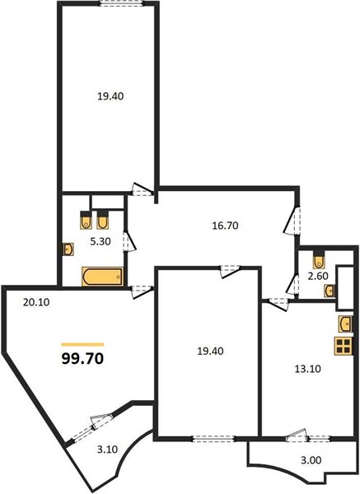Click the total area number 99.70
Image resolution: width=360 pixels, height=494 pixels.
tap(82, 358)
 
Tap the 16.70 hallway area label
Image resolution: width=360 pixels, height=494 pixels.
tap(225, 226)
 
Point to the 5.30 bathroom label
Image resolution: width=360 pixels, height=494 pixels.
tap(101, 241)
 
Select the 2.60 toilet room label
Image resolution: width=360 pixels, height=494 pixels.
tap(318, 276)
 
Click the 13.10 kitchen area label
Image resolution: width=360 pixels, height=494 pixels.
tap(307, 368)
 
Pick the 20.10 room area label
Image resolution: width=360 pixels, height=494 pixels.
tap(36, 302)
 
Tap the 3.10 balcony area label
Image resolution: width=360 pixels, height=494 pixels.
tap(107, 450)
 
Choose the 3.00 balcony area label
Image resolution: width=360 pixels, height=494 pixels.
tap(311, 460)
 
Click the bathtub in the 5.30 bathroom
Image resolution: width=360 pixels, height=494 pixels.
tap(103, 277)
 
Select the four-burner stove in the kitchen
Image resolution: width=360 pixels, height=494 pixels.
tap(344, 347)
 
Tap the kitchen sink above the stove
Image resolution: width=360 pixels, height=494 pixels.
tap(345, 324)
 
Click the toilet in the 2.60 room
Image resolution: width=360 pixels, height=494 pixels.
tap(319, 259)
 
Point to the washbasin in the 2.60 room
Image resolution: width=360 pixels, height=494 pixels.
tap(330, 291)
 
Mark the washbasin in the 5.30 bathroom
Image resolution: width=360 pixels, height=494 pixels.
tap(68, 249)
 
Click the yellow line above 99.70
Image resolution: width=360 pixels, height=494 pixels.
tap(82, 344)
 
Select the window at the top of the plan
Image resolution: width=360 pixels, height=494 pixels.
tap(122, 3)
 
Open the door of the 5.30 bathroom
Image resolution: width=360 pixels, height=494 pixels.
tap(129, 241)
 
